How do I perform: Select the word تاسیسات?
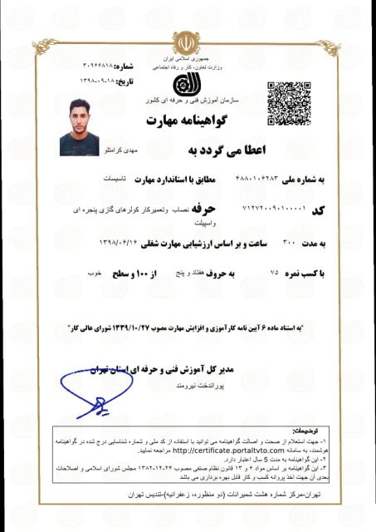click(111, 179)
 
